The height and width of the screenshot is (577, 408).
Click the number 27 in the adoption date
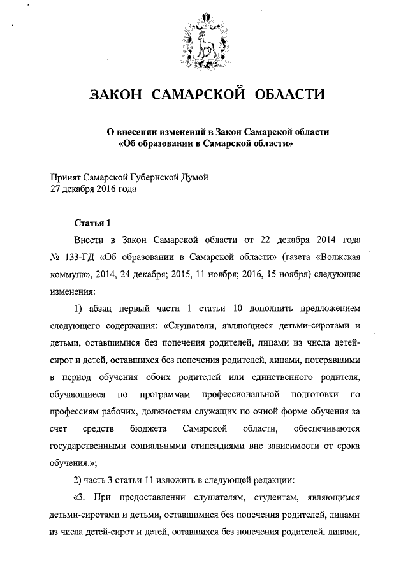pos(57,189)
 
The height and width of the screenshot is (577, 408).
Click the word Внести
pos(91,241)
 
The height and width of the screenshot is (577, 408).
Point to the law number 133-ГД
pos(79,258)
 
